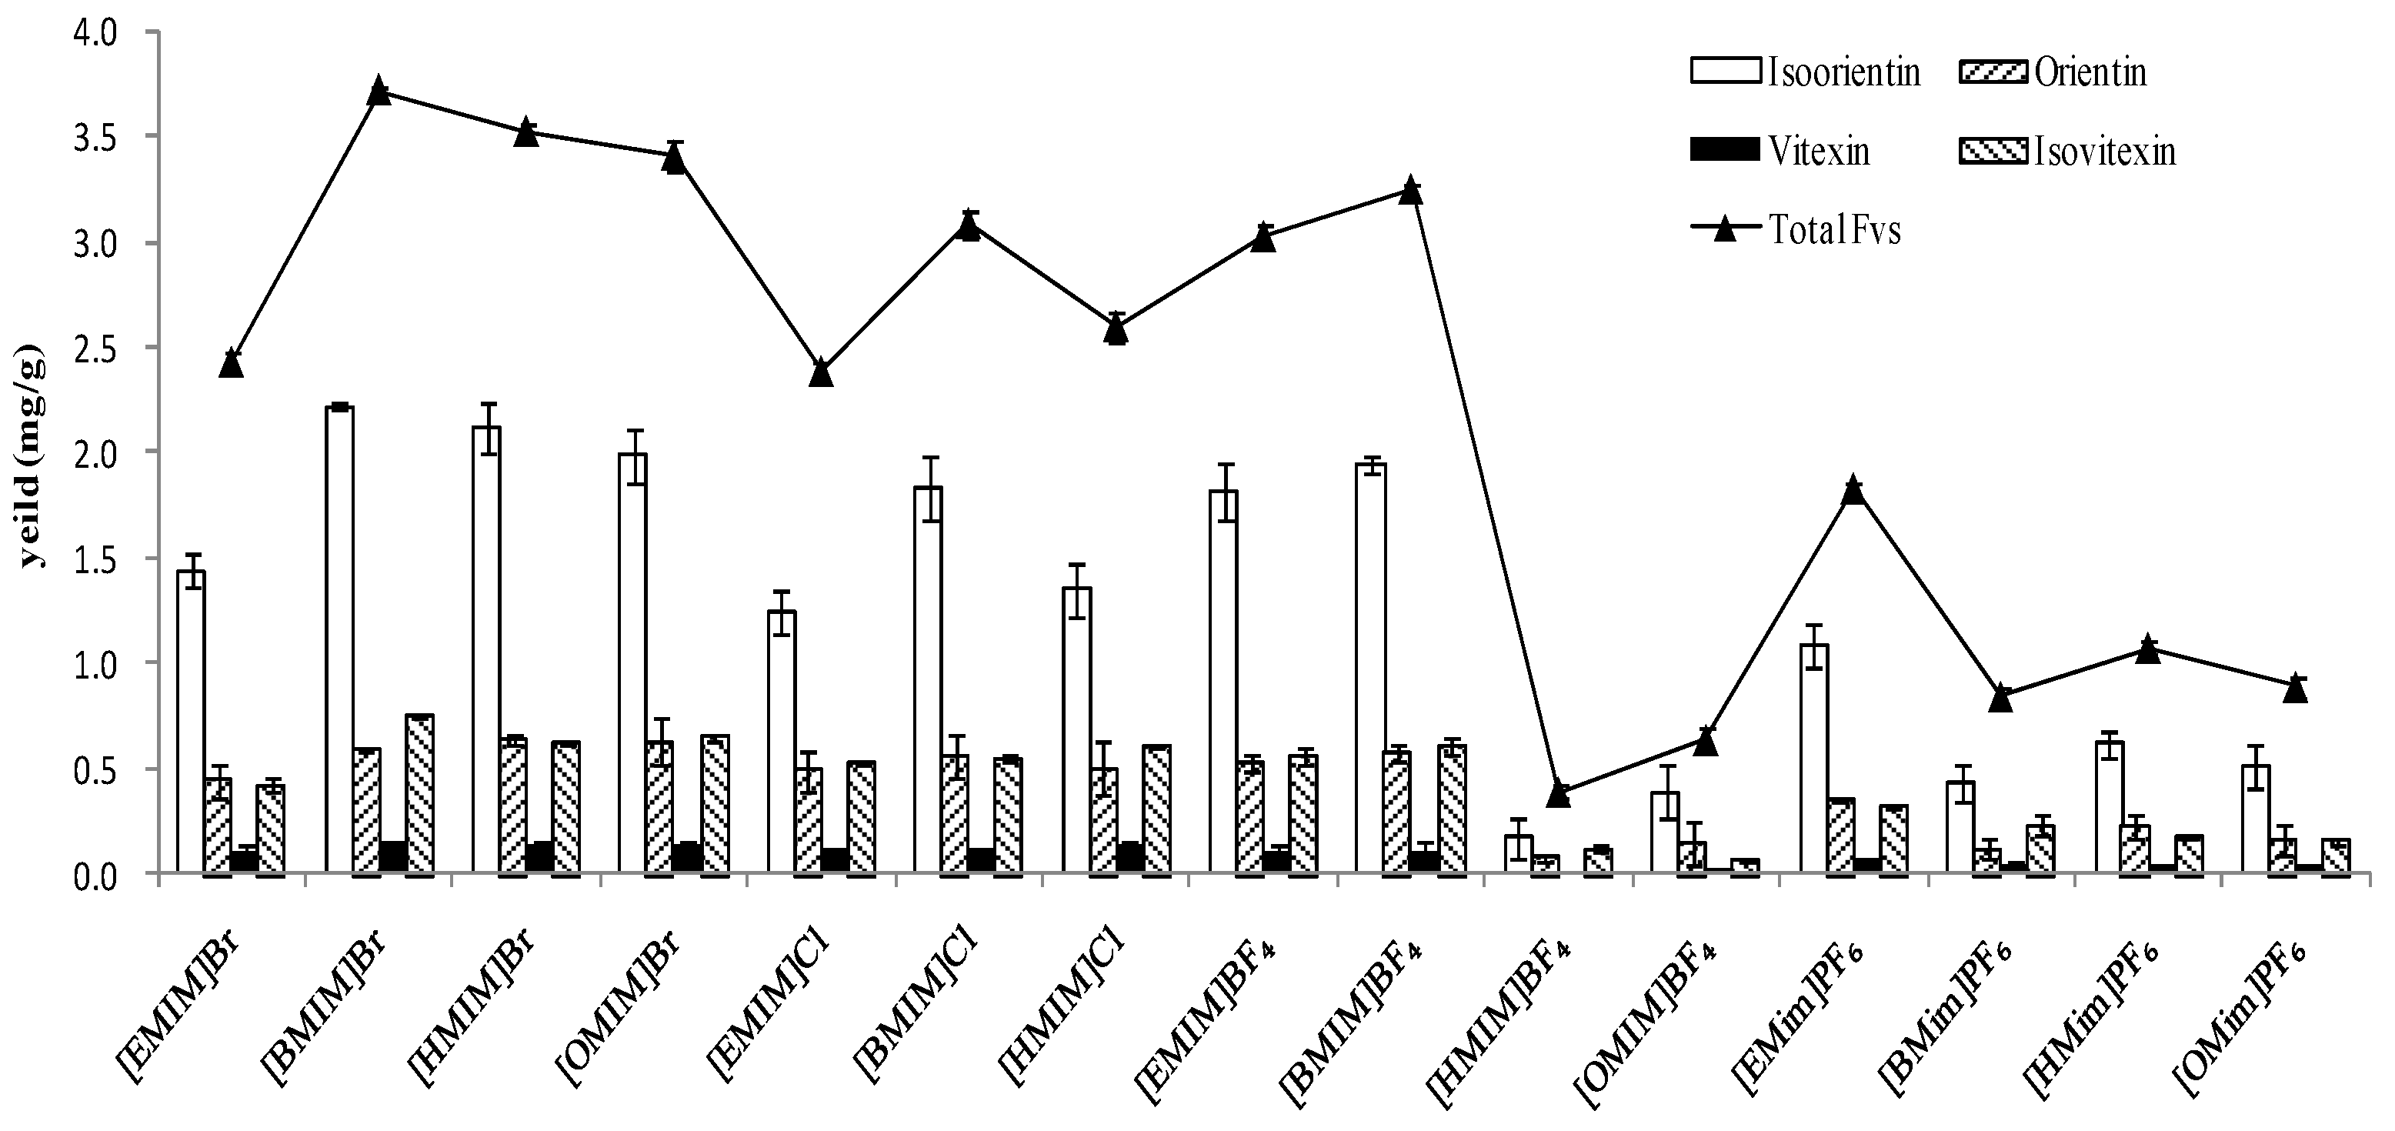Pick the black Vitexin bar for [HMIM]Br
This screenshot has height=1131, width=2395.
(x=539, y=858)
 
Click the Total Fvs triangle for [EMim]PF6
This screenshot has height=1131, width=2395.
(x=1853, y=489)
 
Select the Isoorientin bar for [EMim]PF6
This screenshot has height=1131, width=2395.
(x=1814, y=758)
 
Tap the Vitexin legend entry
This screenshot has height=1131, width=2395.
(x=1780, y=151)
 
